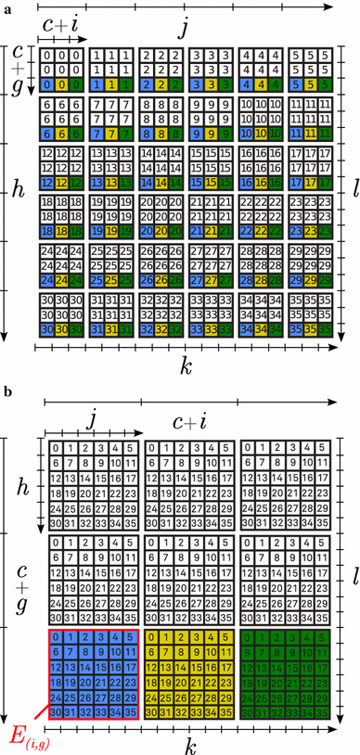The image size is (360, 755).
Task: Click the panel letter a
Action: (6, 7)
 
